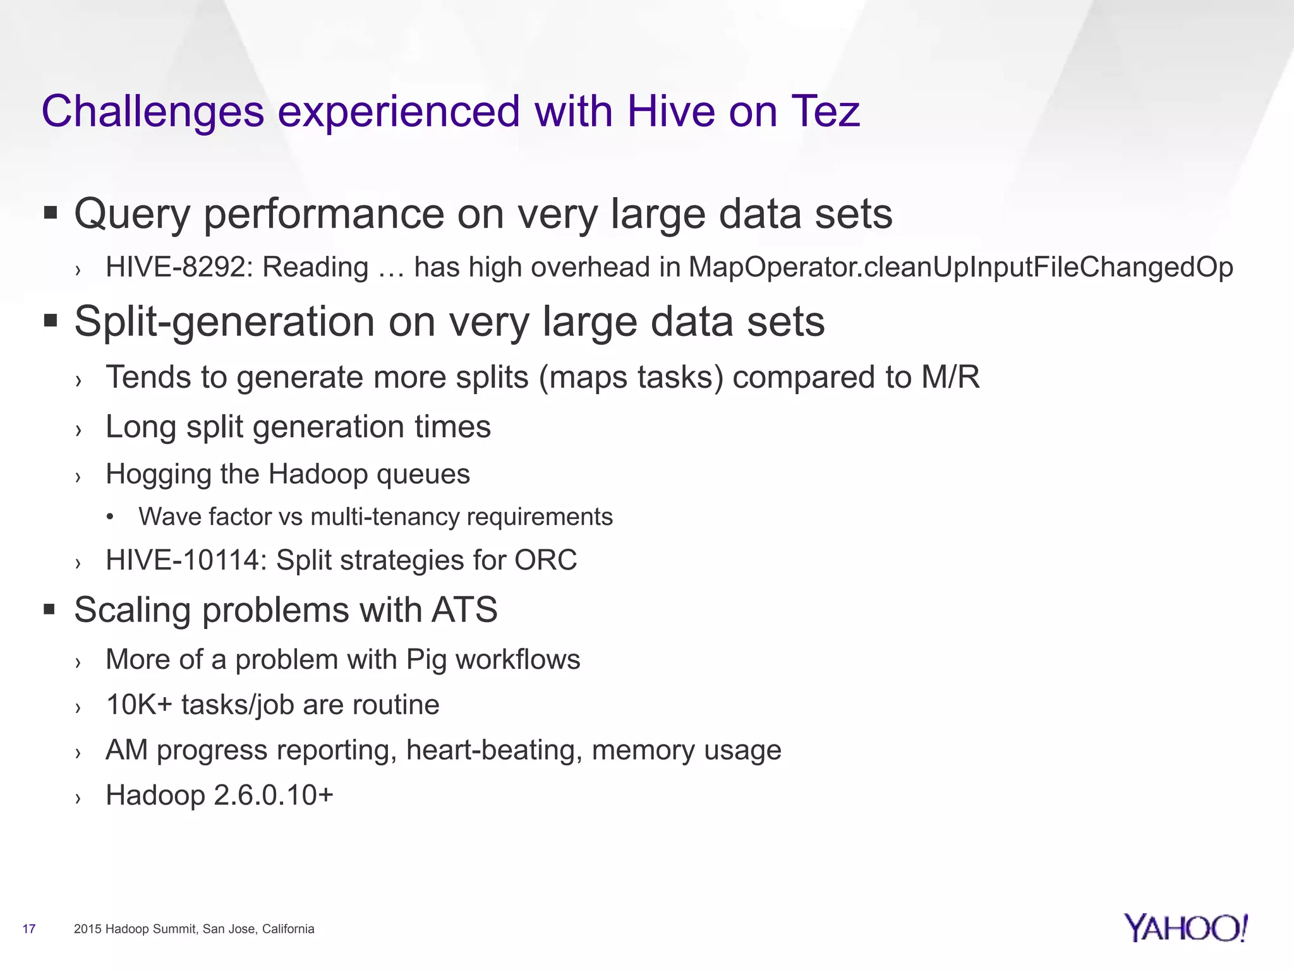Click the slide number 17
29,929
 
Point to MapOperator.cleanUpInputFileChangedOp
960,268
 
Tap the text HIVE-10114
186,560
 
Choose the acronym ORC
545,560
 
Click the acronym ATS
464,610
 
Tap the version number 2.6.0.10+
273,795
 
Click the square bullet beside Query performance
51,213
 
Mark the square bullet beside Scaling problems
51,610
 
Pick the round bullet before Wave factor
111,517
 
